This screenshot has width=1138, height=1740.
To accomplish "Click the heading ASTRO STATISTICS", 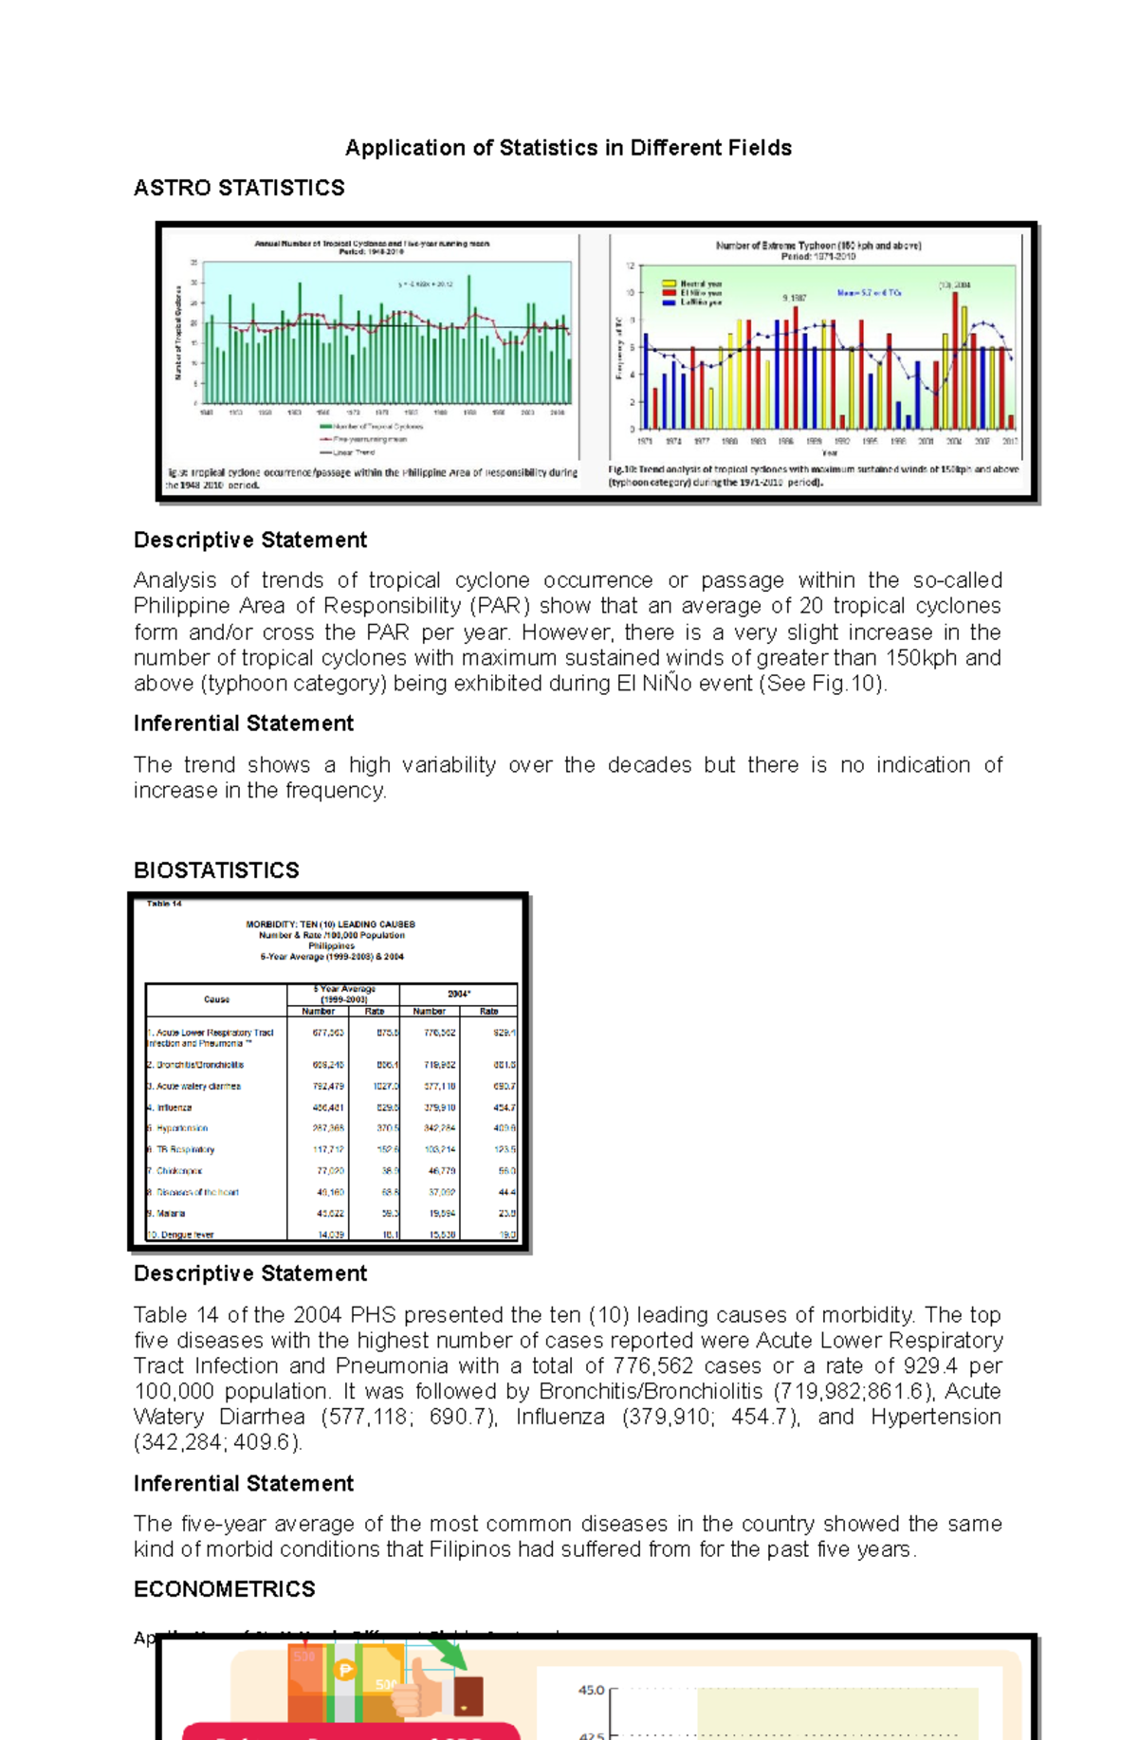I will click(x=239, y=188).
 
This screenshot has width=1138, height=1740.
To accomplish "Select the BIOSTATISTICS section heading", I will click(x=216, y=870).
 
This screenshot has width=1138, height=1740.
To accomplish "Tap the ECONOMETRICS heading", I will click(x=224, y=1589).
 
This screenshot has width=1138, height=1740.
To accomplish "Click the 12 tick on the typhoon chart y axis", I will click(x=629, y=266).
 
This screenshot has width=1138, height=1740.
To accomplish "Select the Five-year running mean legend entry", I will click(x=369, y=439).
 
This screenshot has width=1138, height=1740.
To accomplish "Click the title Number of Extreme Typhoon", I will click(x=817, y=246).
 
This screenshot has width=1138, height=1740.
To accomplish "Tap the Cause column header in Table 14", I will click(x=216, y=999).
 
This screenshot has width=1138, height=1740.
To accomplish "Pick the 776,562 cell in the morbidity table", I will click(x=439, y=1034).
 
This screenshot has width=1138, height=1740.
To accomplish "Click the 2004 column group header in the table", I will click(x=458, y=994).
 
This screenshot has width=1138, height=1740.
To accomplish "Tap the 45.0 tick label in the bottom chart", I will click(x=590, y=1690).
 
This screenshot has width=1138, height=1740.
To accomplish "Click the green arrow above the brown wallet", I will click(x=450, y=1656).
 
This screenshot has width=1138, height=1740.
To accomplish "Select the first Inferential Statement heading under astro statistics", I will click(x=243, y=723).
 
